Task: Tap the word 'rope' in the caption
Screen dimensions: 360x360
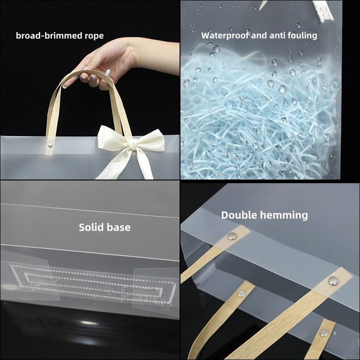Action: click(94, 36)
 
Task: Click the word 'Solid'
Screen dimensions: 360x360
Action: click(90, 227)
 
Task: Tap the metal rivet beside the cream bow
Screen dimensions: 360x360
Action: click(50, 145)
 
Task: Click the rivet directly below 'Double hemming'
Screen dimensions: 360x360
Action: click(232, 235)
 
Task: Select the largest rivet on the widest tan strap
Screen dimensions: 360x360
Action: click(333, 281)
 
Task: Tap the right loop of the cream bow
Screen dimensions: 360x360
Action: click(150, 140)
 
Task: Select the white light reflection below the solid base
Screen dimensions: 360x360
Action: click(88, 323)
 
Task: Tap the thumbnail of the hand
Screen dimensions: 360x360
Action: click(108, 72)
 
